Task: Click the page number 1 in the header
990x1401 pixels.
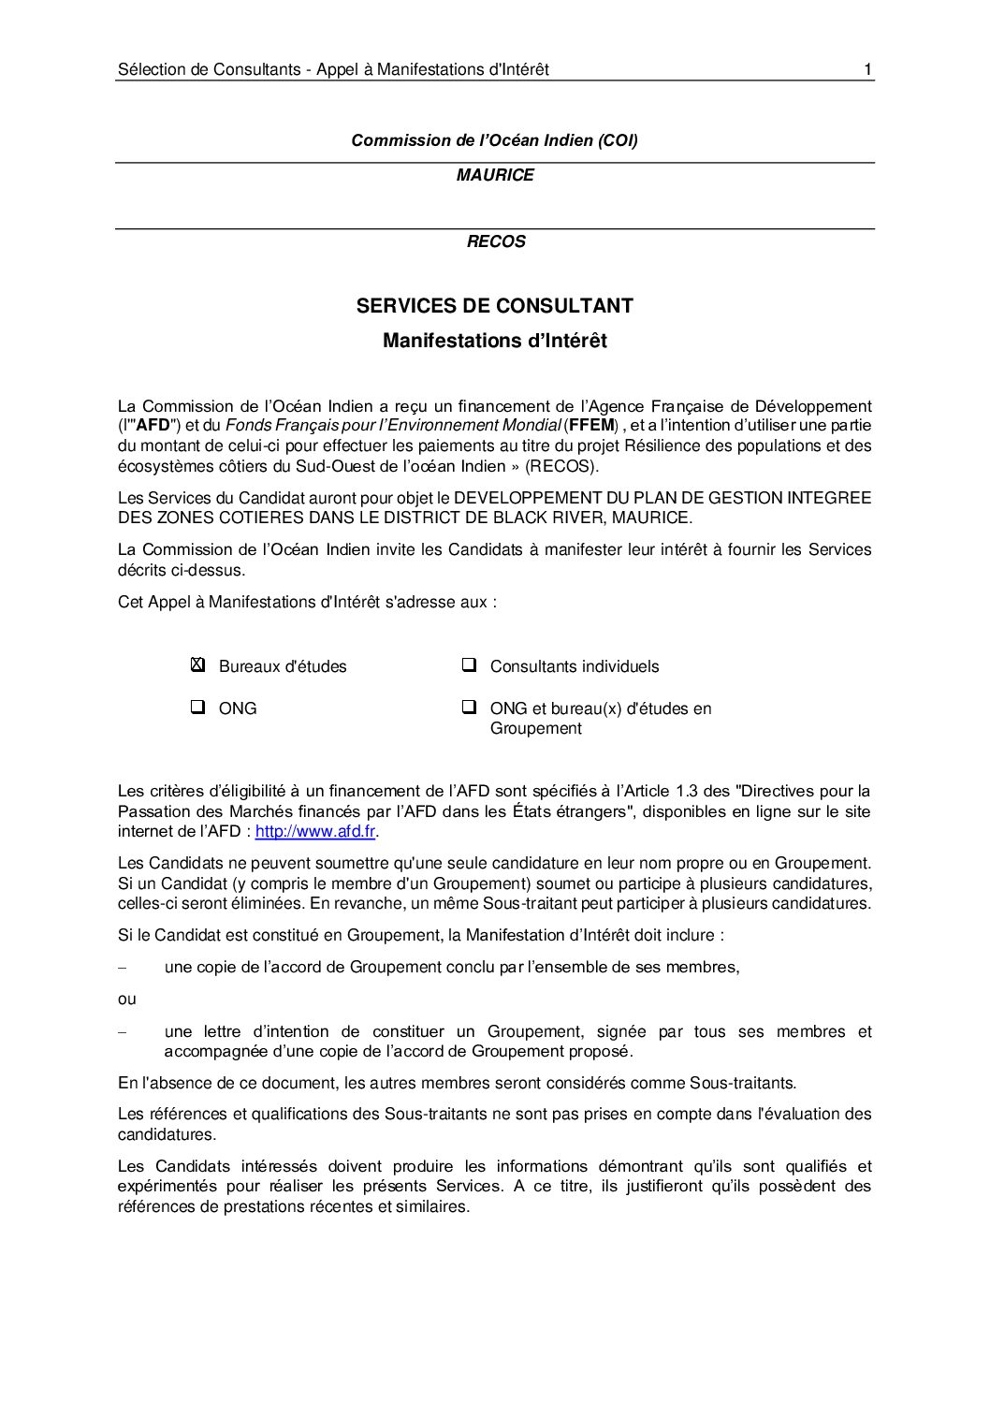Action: (x=868, y=69)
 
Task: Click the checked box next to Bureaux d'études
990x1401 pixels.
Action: (x=197, y=665)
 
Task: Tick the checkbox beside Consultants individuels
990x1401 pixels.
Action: (x=469, y=665)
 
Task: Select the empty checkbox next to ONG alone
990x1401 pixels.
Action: (x=197, y=708)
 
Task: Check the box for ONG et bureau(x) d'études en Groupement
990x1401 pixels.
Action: (x=469, y=708)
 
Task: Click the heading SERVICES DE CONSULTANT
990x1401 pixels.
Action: (x=494, y=306)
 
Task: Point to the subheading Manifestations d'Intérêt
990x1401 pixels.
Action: (x=494, y=342)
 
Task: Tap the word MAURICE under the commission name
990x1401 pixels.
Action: (x=495, y=175)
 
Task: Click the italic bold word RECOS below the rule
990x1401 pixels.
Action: (x=496, y=241)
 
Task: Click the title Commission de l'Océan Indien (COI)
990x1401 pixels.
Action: (x=494, y=140)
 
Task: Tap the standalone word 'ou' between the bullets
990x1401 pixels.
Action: (x=127, y=999)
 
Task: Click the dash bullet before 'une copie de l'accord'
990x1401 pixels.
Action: (x=122, y=967)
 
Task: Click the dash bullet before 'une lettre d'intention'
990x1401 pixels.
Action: (x=122, y=1031)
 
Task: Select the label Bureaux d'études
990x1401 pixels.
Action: (x=283, y=666)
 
